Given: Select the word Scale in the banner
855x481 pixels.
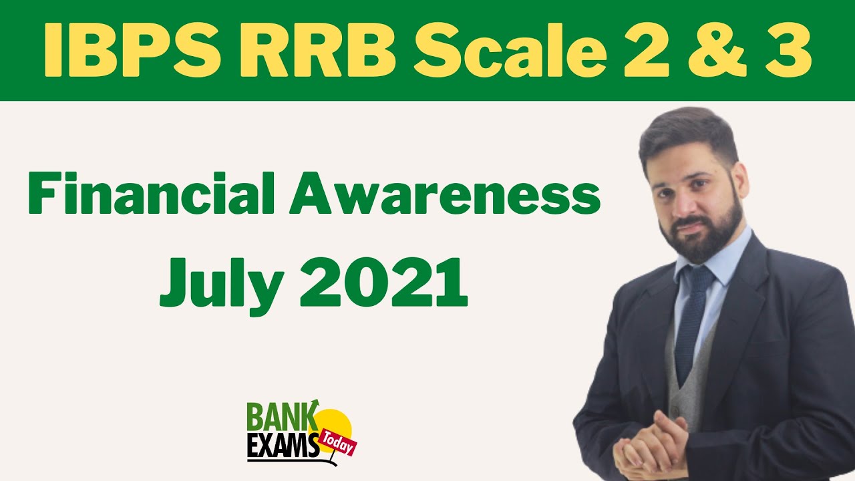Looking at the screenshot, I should (x=507, y=51).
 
